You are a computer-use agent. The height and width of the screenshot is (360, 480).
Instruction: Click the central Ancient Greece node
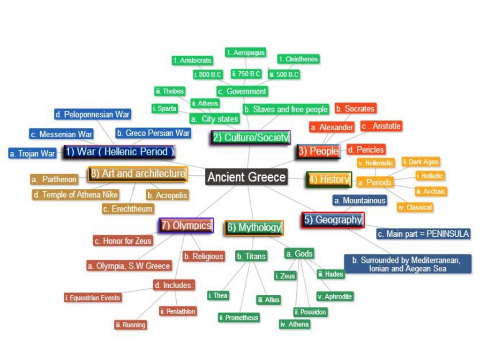pos(247,177)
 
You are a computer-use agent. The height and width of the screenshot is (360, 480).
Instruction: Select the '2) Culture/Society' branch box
pos(250,137)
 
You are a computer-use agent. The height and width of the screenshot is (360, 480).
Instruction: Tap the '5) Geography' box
pos(333,220)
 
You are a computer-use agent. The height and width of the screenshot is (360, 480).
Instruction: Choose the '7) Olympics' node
pos(186,225)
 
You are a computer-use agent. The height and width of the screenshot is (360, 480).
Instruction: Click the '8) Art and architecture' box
pos(138,174)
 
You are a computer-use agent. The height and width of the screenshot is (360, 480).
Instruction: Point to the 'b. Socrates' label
pos(356,109)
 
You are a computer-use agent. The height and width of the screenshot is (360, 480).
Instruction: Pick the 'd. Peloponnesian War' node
pos(92,114)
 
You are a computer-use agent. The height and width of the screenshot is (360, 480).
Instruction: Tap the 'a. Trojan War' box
pos(32,153)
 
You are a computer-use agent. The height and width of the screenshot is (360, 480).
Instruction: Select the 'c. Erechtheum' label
pos(128,209)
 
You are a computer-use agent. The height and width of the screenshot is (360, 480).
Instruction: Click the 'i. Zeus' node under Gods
pos(285,276)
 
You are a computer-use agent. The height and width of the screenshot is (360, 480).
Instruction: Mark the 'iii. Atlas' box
pos(269,300)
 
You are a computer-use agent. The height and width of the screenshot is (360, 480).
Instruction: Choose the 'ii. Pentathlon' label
pos(178,311)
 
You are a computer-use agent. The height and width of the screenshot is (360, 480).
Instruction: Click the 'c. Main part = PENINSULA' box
pos(423,234)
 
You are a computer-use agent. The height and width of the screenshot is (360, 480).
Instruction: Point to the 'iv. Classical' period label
pos(415,207)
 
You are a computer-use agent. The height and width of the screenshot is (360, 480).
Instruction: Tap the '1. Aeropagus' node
pos(246,53)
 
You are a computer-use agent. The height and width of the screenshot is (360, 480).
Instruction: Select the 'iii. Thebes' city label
pos(170,91)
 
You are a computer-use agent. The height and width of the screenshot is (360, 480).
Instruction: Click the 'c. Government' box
pos(242,91)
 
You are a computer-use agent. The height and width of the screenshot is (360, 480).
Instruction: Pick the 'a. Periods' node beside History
pos(375,182)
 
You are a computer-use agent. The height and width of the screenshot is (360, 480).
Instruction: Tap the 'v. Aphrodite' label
pos(335,297)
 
